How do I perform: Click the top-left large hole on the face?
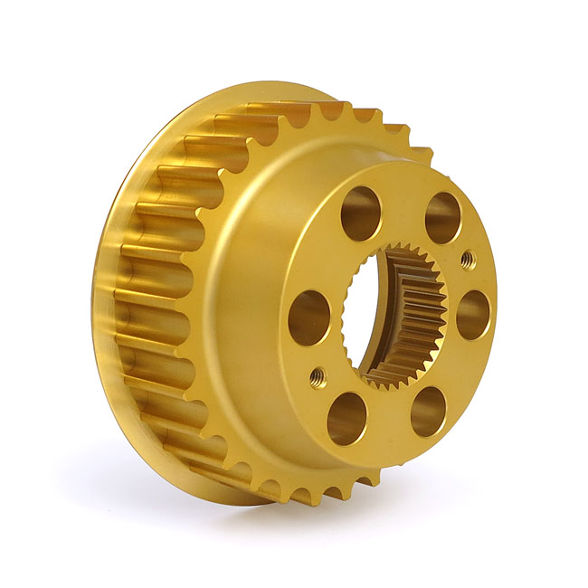point(361,213)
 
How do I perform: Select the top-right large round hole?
point(442,217)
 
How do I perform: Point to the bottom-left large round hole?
point(346,418)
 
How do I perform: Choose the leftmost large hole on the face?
point(309,318)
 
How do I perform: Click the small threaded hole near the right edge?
point(468,260)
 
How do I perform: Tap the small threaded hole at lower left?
point(317,377)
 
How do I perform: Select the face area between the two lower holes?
point(387,425)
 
